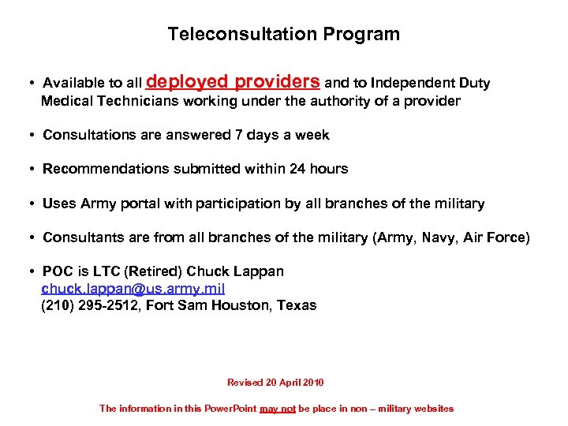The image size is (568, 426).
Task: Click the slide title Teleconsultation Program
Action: [283, 35]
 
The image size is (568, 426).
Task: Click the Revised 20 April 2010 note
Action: [275, 383]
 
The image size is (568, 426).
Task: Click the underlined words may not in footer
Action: [278, 409]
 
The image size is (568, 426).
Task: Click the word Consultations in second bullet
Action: [87, 135]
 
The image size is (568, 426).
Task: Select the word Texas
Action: [297, 305]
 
